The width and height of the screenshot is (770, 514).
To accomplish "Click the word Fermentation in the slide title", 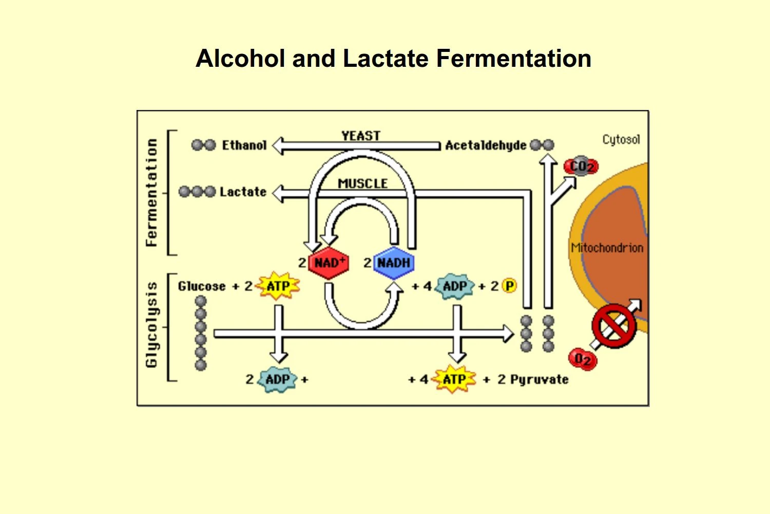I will tap(513, 59).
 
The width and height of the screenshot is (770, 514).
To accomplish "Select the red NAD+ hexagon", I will tap(329, 263).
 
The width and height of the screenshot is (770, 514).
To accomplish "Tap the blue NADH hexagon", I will tap(394, 263).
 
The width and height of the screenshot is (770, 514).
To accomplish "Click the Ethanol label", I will tap(244, 145).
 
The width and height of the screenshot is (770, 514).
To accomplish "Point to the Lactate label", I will tap(243, 192).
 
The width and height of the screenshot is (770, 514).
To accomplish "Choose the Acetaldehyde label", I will tap(485, 145).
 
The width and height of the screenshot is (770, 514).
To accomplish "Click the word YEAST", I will tap(361, 136).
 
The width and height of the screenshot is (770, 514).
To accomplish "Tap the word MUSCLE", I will tap(362, 183).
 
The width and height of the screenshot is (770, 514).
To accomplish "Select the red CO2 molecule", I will tap(581, 166).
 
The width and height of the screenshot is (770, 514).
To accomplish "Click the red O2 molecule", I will tap(583, 359).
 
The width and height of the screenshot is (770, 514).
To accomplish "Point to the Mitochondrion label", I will tap(607, 248).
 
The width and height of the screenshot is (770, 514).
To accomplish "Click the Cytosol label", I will tap(621, 139).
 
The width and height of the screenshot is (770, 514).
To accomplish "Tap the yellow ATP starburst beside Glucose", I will tap(278, 286).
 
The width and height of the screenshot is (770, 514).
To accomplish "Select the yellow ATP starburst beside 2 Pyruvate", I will tap(454, 379).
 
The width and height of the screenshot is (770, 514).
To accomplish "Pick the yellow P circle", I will tap(509, 286).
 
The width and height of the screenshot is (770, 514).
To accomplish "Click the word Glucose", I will tap(202, 286).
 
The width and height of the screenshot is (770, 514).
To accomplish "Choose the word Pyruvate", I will tap(539, 380).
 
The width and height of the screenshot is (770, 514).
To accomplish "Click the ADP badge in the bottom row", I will tap(278, 380).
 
